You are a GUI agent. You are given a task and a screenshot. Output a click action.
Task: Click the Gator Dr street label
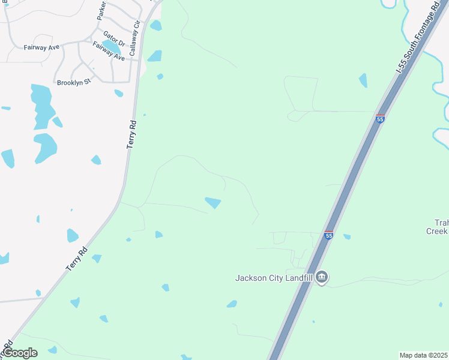tap(113, 39)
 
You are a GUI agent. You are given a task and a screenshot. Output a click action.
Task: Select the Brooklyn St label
tap(74, 83)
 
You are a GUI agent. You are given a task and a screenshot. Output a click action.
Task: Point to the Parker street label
tap(102, 11)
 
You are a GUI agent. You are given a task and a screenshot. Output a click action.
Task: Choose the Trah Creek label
tap(438, 226)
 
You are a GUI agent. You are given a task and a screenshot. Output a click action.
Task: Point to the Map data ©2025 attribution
tap(424, 355)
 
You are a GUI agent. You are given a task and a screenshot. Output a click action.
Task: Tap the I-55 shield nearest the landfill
tap(328, 235)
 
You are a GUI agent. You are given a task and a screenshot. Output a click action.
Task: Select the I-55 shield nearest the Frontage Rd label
tap(380, 119)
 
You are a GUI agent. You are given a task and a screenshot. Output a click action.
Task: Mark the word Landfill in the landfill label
tap(297, 278)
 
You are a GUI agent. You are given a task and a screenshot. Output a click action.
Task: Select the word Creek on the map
tap(438, 231)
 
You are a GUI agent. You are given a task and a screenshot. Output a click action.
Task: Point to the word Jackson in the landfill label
tap(250, 278)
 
